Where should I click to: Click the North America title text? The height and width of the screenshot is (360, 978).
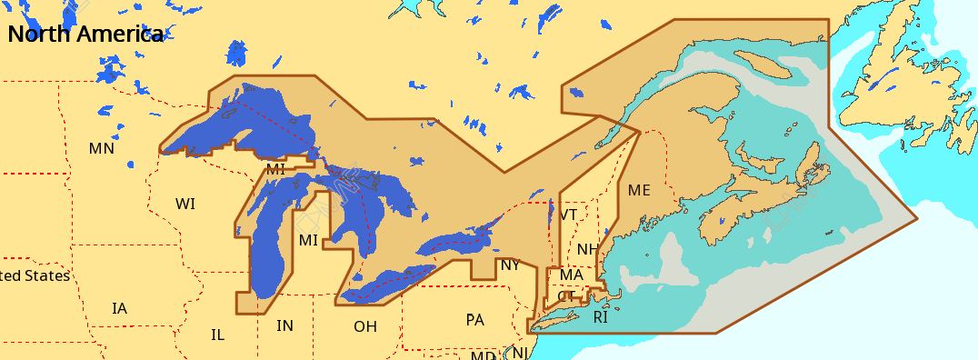[x=85, y=35]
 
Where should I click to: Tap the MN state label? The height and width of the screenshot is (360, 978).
[x=102, y=148]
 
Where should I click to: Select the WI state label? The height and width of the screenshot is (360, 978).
[x=185, y=204]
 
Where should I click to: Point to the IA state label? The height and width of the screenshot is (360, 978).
[x=119, y=308]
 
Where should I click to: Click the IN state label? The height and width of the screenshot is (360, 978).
[x=284, y=325]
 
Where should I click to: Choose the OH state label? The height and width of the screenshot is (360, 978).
[x=364, y=325]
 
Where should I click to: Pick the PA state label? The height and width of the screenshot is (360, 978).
[x=474, y=320]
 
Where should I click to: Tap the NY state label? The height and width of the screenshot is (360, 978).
[x=510, y=265]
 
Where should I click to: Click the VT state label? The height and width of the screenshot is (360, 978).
[x=569, y=215]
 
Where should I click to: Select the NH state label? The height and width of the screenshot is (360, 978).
[x=587, y=249]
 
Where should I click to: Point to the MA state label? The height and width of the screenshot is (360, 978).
[x=572, y=275]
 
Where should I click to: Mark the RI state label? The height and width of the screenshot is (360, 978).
[x=600, y=318]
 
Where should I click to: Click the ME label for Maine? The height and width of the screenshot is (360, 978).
[x=639, y=191]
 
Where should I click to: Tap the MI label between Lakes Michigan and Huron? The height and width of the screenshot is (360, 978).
[x=308, y=240]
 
